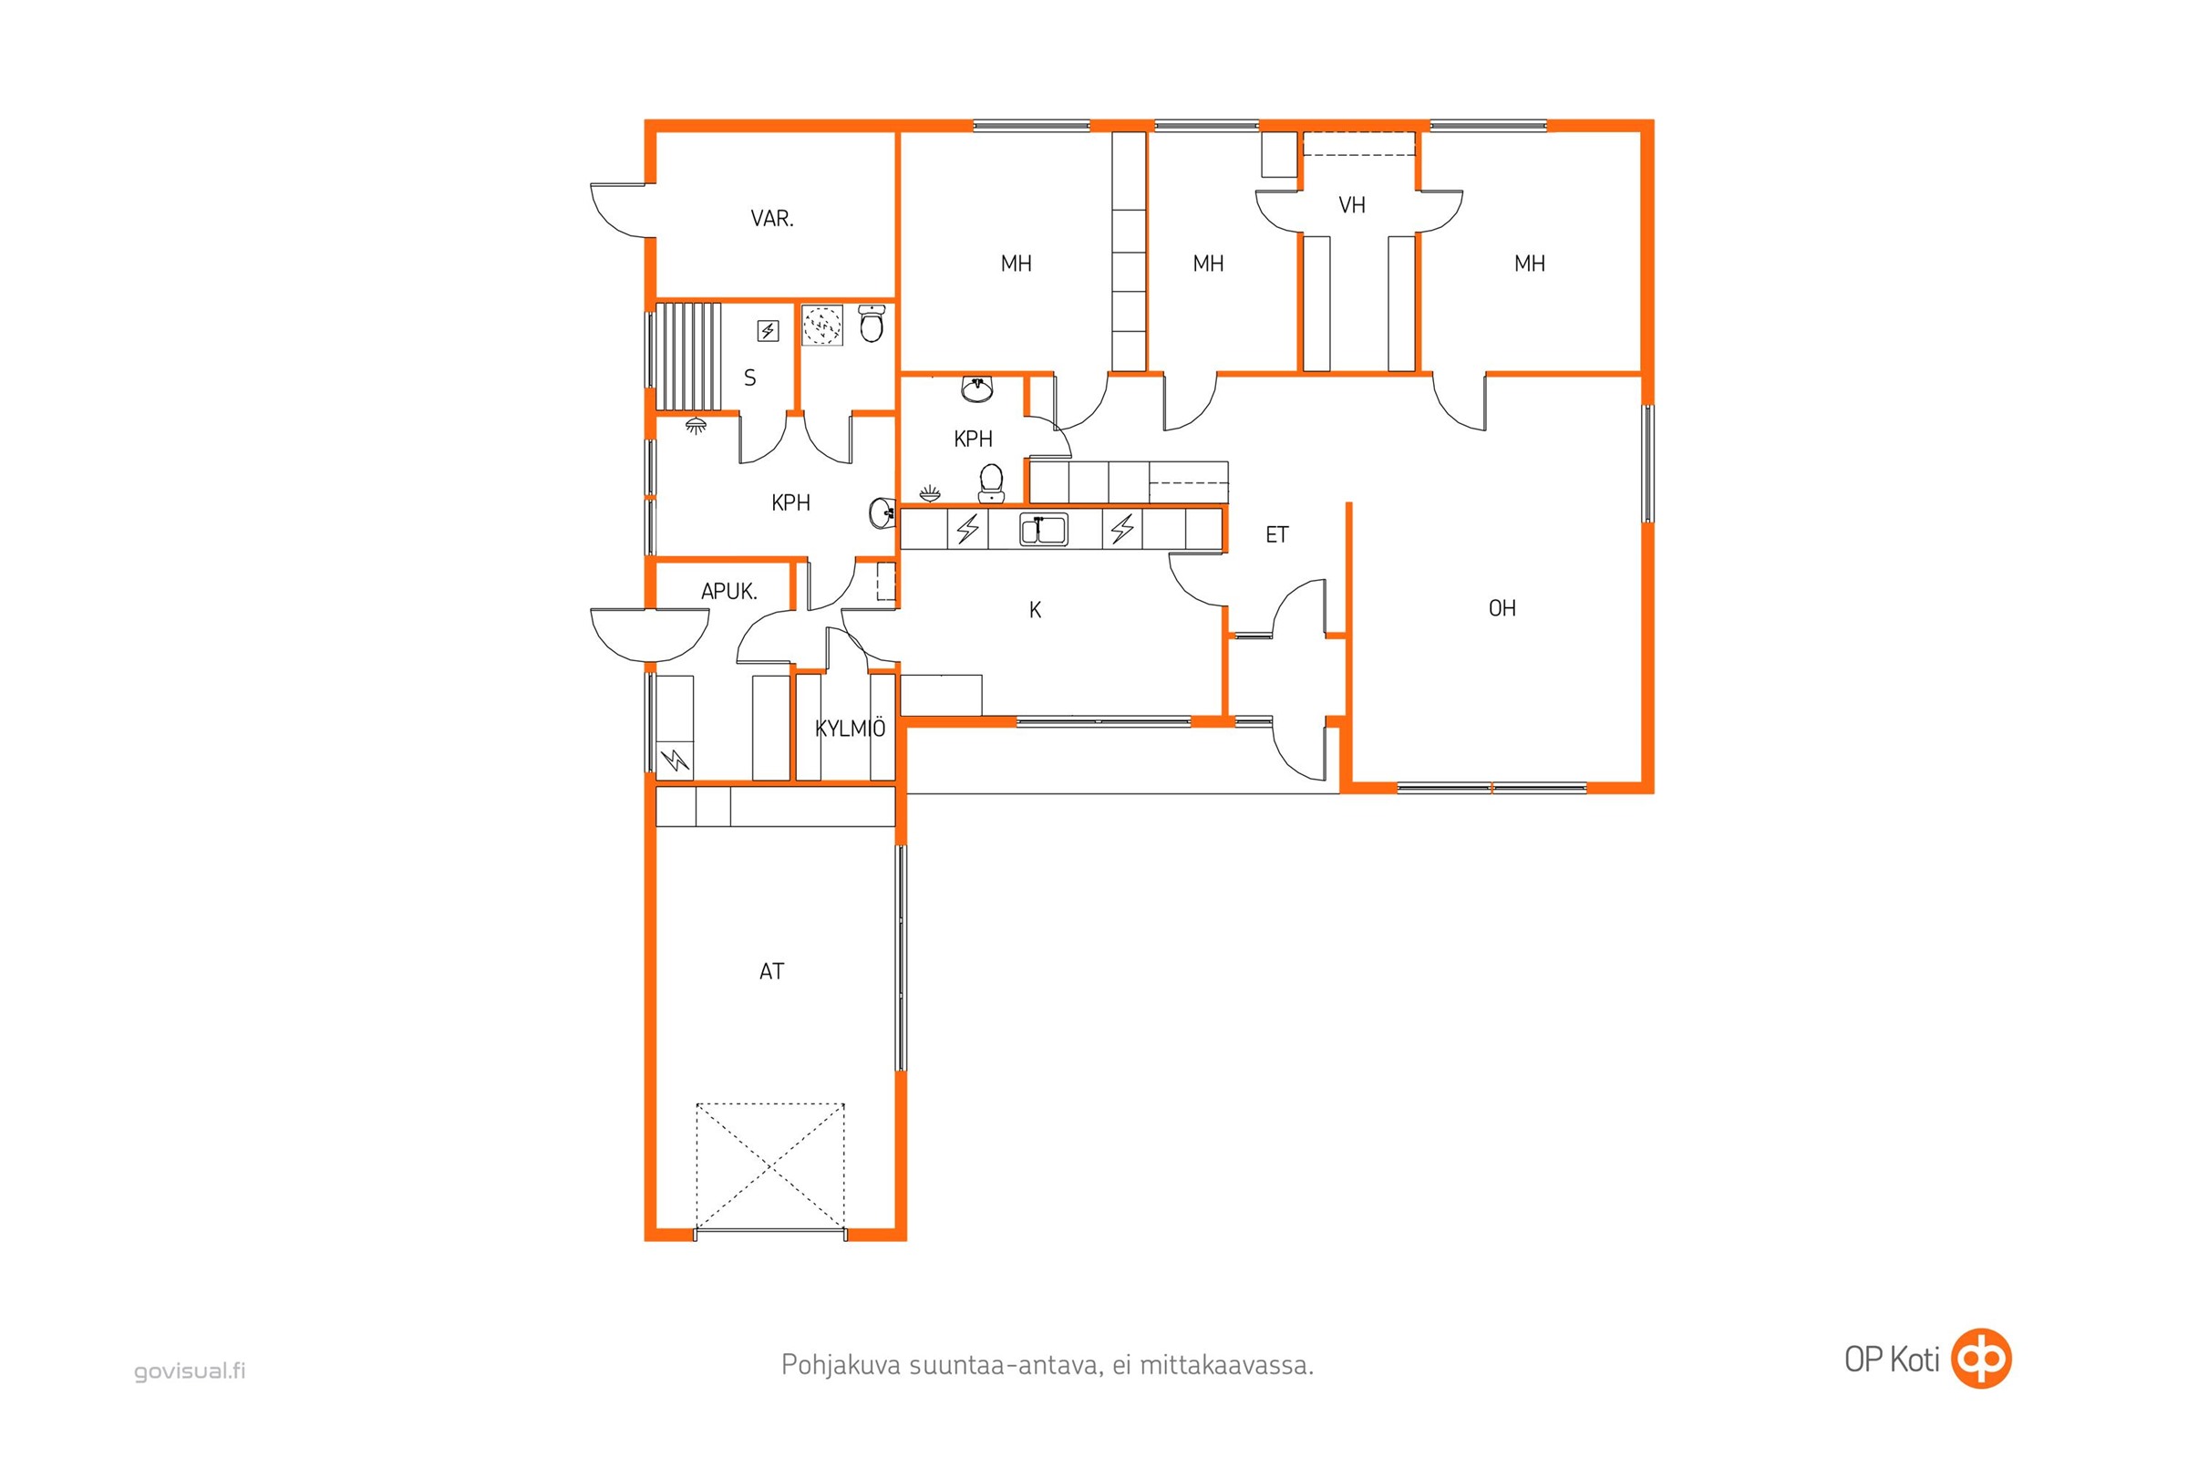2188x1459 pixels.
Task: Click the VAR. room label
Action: (772, 219)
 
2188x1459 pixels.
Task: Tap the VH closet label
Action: (1352, 204)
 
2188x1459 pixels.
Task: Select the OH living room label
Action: (1502, 608)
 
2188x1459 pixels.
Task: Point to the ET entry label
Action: (1277, 535)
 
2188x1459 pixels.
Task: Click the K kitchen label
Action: (1036, 610)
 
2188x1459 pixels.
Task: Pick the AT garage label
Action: (771, 971)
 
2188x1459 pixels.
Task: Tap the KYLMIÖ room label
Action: (851, 729)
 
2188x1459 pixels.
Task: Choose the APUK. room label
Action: (729, 591)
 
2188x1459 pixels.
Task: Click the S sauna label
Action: (749, 378)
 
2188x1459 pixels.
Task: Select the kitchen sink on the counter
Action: (1044, 530)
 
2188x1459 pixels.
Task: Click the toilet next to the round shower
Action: (872, 324)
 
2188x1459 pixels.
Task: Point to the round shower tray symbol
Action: (822, 326)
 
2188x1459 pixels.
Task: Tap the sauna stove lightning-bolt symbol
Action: (768, 331)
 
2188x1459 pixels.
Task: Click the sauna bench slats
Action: (688, 356)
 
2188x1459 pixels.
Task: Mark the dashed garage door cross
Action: (770, 1166)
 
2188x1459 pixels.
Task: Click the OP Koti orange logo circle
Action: (1981, 1360)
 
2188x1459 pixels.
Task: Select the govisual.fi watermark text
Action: (190, 1371)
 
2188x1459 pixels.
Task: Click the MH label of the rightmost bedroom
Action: (1530, 264)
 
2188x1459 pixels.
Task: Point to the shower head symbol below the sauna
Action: (696, 426)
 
